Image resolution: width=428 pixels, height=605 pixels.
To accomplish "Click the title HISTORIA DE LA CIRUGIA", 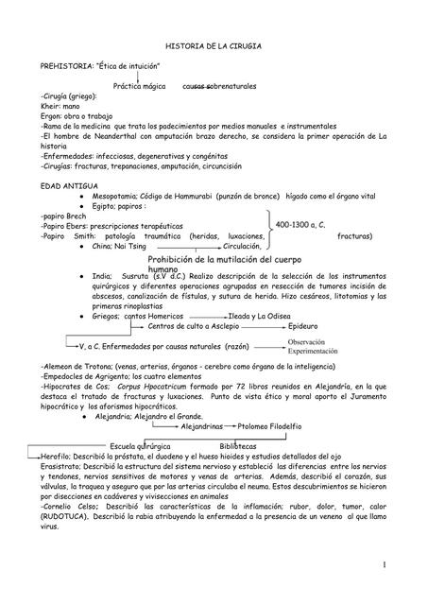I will click(214, 45).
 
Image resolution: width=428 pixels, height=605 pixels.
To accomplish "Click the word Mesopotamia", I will click(118, 197).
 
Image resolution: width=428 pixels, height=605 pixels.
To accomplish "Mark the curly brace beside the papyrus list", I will click(271, 225).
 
